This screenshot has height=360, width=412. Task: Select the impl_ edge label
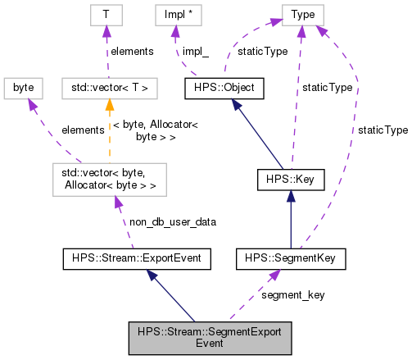pos(196,52)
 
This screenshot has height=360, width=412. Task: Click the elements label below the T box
pos(133,52)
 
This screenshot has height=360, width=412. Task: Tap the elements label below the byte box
pos(83,130)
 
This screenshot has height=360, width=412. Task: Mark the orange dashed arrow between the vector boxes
pos(109,131)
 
